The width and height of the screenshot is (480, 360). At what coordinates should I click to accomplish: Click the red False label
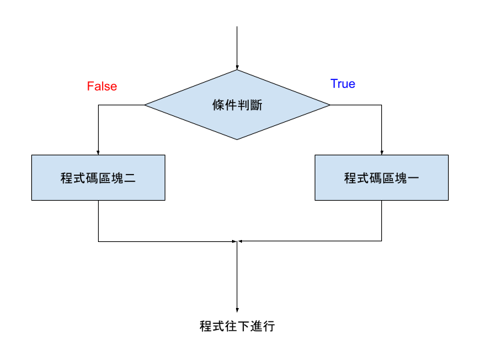point(102,87)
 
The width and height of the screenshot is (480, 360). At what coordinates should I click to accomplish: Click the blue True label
point(343,84)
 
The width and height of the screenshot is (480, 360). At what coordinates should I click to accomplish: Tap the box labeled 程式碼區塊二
point(98,177)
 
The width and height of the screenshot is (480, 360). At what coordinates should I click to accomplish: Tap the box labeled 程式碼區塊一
point(381,177)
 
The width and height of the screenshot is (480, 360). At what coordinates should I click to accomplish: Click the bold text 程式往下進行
point(237,327)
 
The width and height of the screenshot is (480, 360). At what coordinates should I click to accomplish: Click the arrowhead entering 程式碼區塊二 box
point(98,152)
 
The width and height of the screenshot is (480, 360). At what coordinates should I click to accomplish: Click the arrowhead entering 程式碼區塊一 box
point(381,152)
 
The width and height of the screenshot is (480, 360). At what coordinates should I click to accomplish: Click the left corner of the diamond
point(145,105)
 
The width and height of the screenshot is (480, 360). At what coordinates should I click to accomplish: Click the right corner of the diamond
point(329,105)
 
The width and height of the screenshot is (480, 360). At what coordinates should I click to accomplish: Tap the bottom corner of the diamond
point(237,139)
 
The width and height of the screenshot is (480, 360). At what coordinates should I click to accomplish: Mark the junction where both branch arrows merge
point(237,241)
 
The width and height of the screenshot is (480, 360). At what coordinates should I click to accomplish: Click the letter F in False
point(90,87)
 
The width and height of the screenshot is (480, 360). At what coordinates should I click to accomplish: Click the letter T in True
point(334,84)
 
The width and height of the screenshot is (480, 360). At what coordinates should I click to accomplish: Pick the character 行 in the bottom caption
point(269,327)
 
